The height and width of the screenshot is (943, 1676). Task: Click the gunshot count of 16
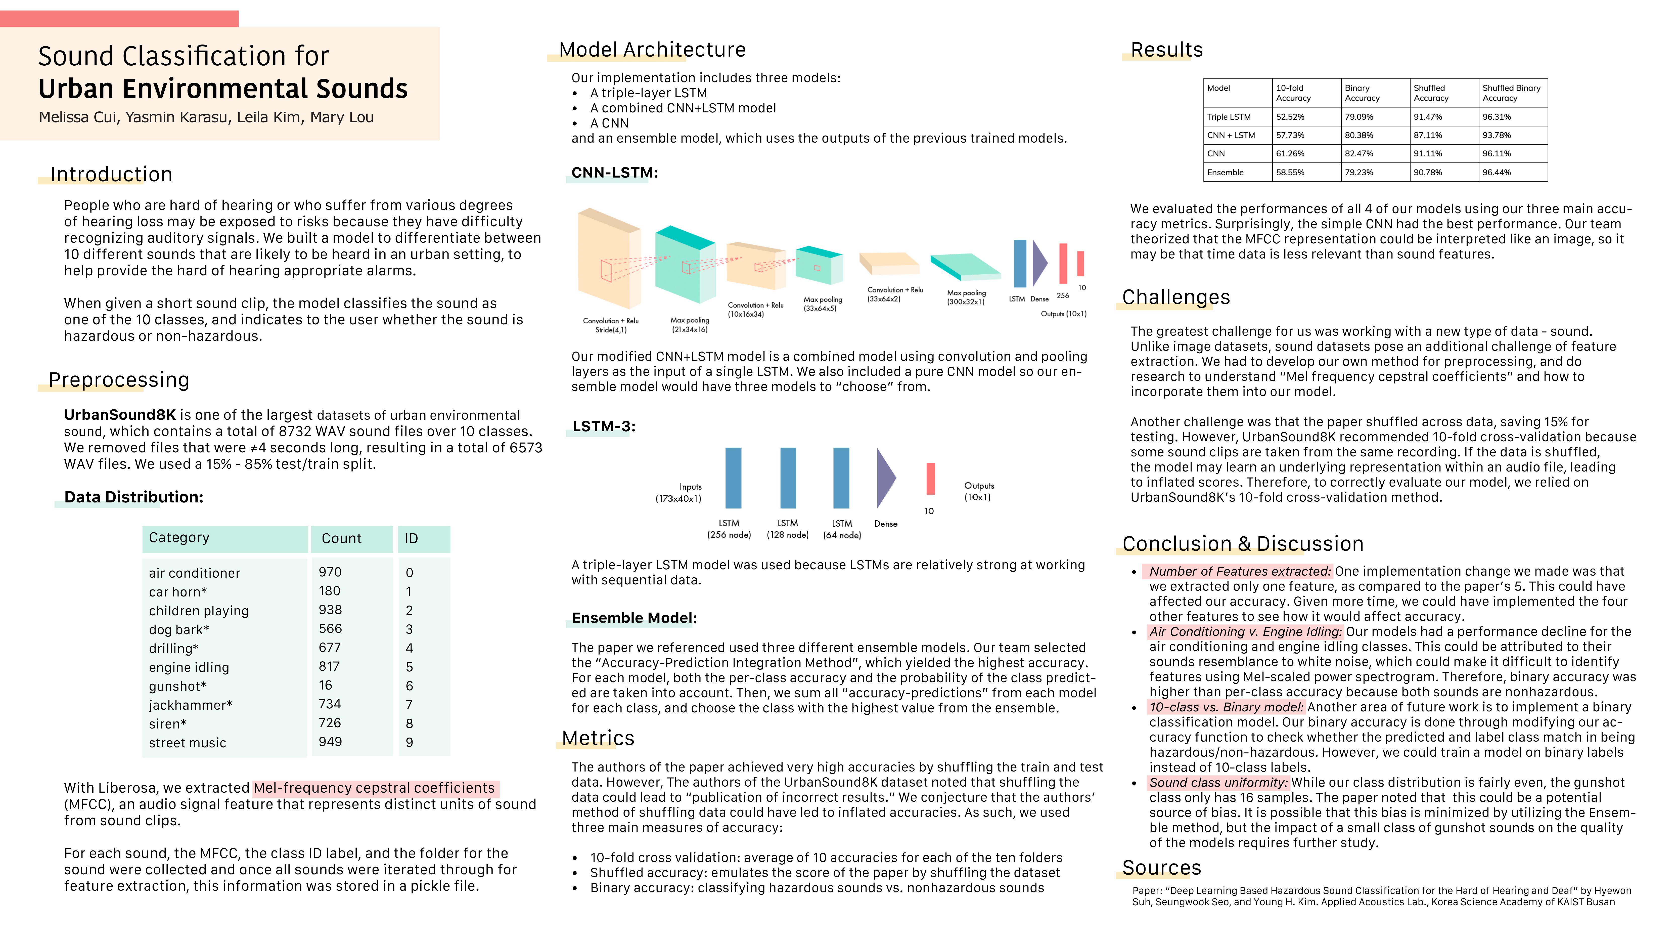(x=325, y=685)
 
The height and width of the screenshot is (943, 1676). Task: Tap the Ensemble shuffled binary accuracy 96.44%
(x=1497, y=173)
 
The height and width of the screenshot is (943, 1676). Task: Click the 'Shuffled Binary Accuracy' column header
(x=1511, y=93)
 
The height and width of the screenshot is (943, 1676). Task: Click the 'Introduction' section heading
(x=111, y=175)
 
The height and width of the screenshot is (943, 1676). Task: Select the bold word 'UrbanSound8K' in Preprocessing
(x=120, y=415)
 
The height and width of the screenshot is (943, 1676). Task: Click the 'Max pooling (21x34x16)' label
(x=690, y=325)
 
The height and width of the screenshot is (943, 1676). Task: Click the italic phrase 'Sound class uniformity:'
(x=1218, y=783)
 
